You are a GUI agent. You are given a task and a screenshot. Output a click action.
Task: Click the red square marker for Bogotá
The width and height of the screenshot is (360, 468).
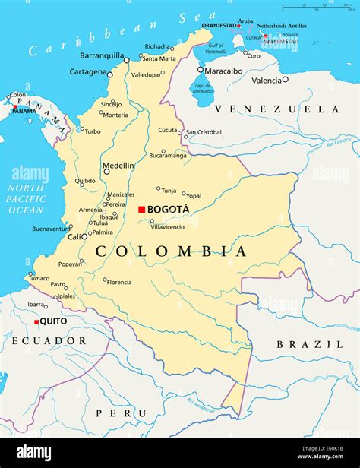[141, 209]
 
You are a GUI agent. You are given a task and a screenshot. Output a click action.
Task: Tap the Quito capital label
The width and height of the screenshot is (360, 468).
[53, 321]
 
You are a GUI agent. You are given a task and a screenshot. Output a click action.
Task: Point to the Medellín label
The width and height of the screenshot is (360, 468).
[118, 165]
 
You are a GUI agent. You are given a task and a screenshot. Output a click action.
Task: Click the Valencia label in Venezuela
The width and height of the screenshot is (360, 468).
[267, 80]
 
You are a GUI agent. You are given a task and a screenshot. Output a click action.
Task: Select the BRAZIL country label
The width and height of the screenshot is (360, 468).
[298, 344]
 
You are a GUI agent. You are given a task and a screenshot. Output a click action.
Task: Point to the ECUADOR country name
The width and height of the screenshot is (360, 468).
[49, 341]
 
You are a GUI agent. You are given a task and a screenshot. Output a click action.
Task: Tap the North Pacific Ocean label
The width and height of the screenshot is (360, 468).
[27, 199]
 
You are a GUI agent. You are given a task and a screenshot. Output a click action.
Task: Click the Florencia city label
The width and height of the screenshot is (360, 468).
[120, 282]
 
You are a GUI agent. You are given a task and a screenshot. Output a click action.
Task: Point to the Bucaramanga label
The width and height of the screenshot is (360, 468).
[167, 155]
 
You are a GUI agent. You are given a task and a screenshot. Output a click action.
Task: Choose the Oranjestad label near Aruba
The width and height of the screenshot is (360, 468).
[219, 25]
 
